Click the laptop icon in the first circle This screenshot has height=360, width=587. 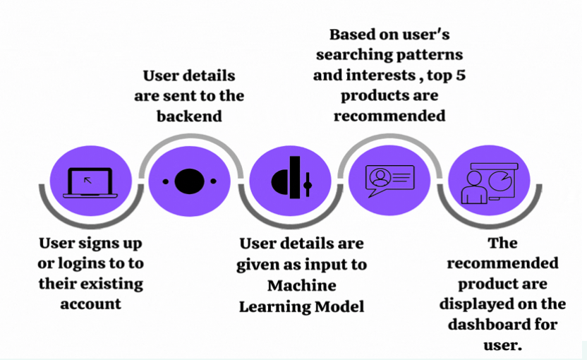[x=90, y=183]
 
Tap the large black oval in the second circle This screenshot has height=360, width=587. [x=189, y=181]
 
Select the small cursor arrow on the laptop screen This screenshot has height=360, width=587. [x=87, y=180]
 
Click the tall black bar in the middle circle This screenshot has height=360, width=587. [x=295, y=177]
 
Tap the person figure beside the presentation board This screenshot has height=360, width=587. [x=474, y=187]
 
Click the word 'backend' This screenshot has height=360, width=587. [x=189, y=116]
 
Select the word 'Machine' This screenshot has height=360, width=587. [x=302, y=285]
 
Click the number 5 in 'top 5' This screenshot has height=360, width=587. [x=461, y=76]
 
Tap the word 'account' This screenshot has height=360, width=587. [x=90, y=304]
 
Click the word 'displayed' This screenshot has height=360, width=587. [x=470, y=304]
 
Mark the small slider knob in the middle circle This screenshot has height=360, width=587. [x=308, y=185]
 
